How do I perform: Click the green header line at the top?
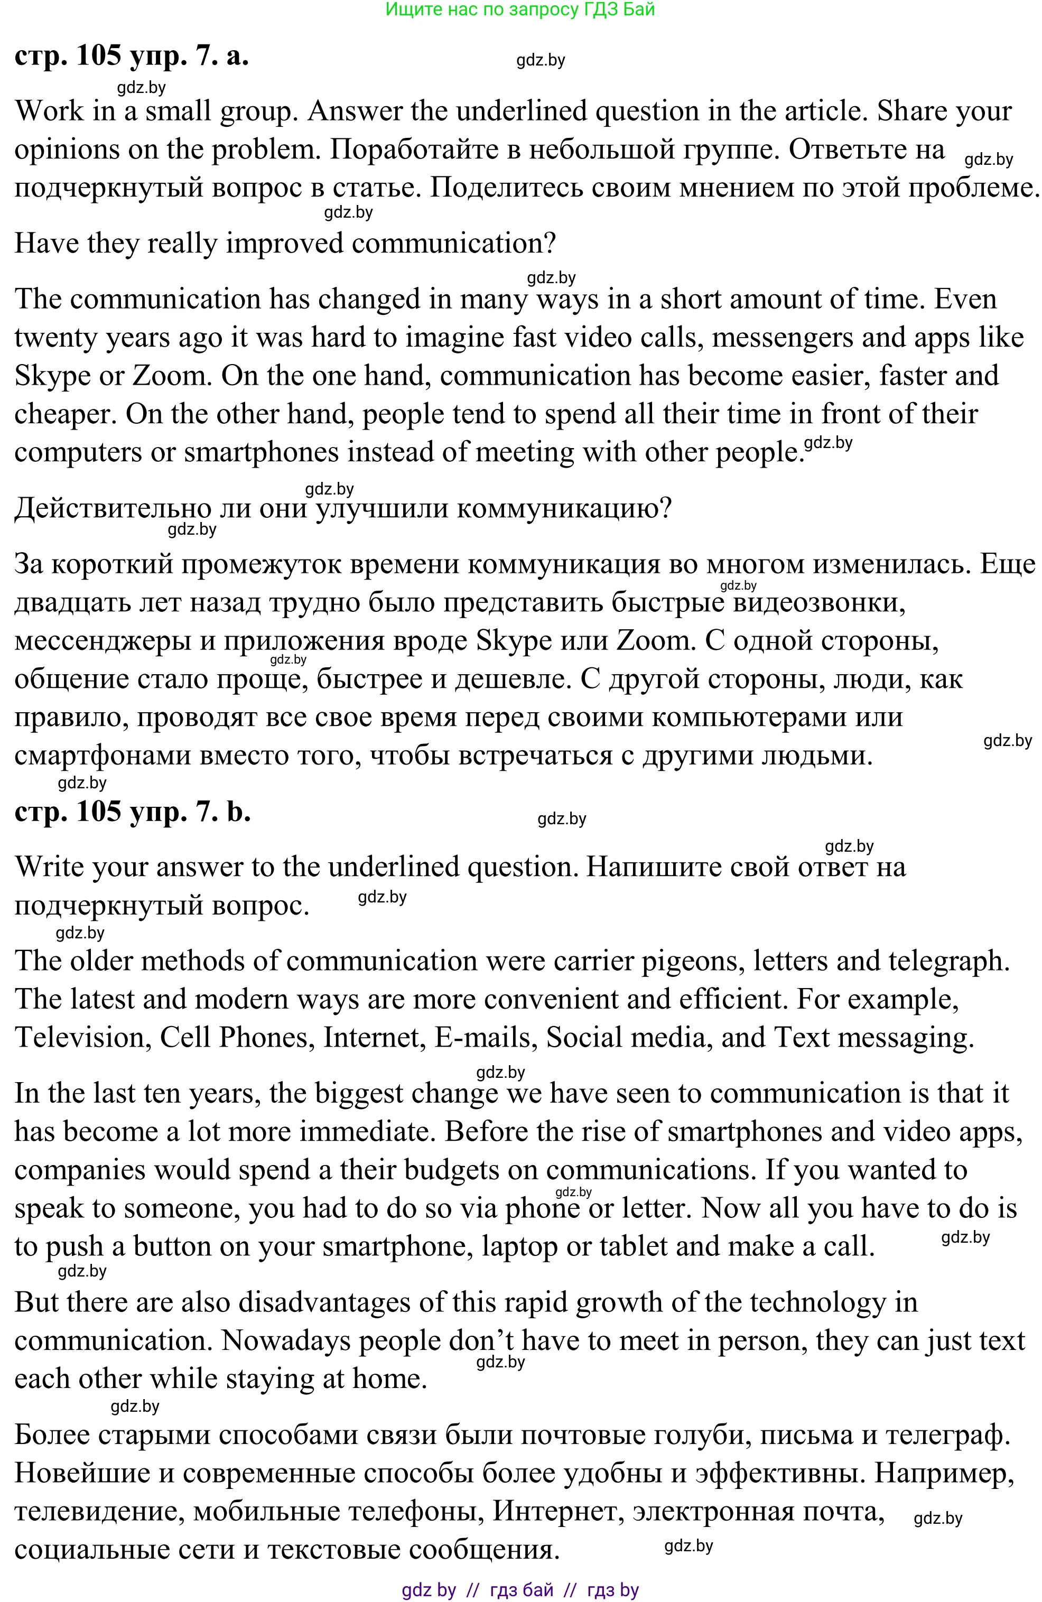click(x=519, y=10)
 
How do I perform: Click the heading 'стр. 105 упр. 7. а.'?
click(x=132, y=56)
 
